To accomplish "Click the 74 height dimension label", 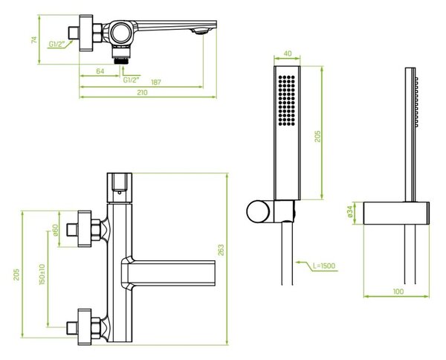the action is (34, 39).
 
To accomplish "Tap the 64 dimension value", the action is (100, 71).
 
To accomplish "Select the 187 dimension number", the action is (156, 83).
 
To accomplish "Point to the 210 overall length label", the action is (142, 92).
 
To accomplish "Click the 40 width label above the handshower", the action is (288, 54).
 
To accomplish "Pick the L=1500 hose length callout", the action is (324, 266).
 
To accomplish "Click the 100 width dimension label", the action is (398, 292).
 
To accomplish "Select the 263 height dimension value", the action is (221, 250).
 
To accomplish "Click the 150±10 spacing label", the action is (42, 274).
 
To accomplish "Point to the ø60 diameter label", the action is (56, 230).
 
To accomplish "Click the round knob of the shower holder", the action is (258, 211).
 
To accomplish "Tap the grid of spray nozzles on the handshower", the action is (286, 100).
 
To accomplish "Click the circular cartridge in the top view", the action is (121, 33).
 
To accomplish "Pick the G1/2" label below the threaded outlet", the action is (132, 80).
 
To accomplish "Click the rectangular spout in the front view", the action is (169, 273).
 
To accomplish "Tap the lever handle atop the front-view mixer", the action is (120, 187).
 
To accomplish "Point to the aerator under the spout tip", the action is (202, 31).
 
